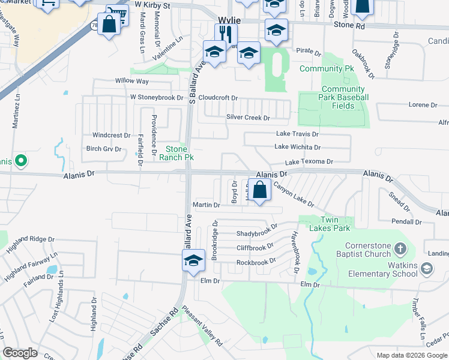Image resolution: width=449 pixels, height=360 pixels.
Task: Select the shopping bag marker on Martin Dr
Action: (259, 191)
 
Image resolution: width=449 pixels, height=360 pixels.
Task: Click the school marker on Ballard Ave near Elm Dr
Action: (193, 262)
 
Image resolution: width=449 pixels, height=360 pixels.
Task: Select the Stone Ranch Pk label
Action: (176, 153)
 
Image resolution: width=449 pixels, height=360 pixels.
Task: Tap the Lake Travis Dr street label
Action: (297, 134)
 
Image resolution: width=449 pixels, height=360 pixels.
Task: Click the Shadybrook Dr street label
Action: (256, 233)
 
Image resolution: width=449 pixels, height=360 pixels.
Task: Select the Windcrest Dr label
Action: (111, 136)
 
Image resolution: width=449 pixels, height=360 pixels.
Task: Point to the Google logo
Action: (20, 352)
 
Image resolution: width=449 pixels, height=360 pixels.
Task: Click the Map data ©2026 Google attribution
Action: (412, 355)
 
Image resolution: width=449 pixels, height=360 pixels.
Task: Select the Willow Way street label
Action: (131, 81)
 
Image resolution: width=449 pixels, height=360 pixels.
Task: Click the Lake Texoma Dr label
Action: (309, 162)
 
